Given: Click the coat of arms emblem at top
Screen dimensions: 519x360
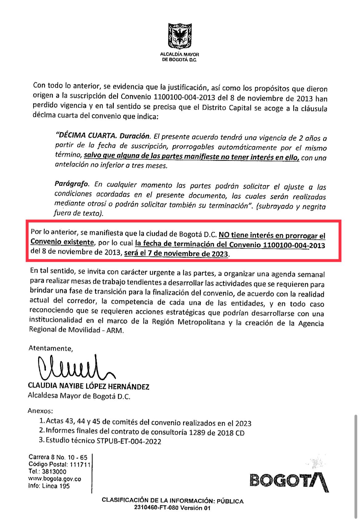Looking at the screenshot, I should (179, 37).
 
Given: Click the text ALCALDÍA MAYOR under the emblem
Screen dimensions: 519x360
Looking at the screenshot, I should (179, 54).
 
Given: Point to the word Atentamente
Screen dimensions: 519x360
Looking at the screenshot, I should (51, 348).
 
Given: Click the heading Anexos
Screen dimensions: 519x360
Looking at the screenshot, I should (40, 411).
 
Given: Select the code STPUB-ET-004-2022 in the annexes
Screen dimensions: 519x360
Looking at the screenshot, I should (129, 441).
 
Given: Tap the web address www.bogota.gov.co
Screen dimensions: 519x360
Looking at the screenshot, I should (55, 479).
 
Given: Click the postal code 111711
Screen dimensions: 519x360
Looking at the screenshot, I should (80, 465).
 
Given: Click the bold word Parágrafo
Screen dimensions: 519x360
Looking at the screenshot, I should (71, 184).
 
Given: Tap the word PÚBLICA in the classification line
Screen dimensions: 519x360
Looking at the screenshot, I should (230, 501).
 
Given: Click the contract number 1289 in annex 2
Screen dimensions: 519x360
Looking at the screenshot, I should (197, 433).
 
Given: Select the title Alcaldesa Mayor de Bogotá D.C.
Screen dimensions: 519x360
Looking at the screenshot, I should (79, 396).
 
